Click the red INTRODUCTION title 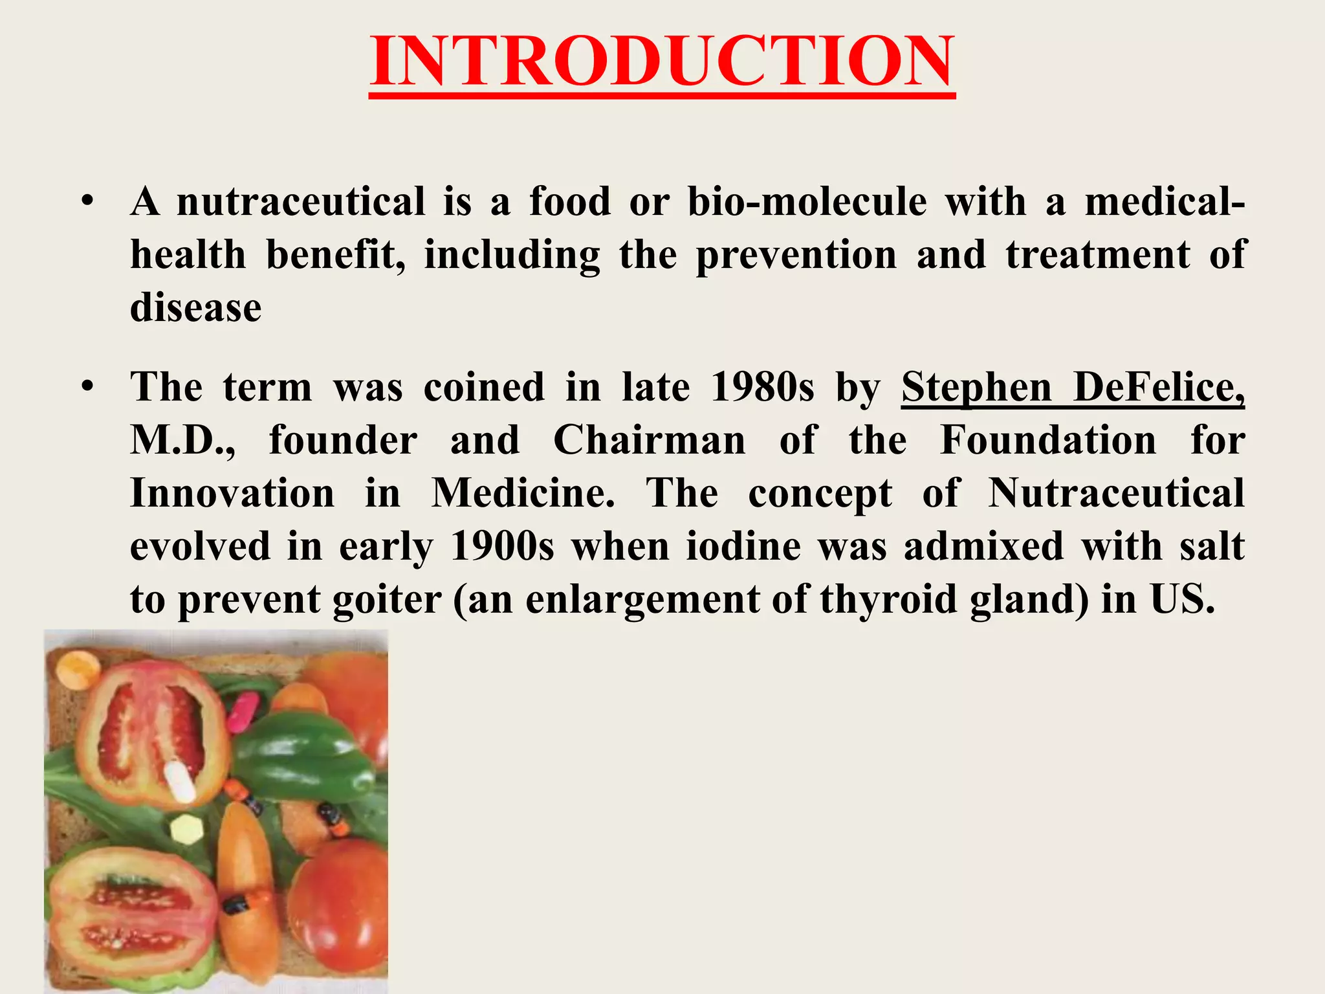[x=662, y=61]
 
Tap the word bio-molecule [x=807, y=201]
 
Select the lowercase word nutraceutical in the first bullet [x=301, y=201]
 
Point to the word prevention [x=796, y=254]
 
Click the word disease [x=195, y=307]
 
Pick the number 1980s [x=761, y=387]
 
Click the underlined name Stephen [x=976, y=387]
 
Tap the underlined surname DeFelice [x=1159, y=387]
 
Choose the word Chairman [x=649, y=440]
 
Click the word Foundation [x=1047, y=440]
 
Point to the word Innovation [x=232, y=493]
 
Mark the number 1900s [x=502, y=546]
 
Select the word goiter [x=386, y=599]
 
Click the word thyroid [x=889, y=599]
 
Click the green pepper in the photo [x=304, y=757]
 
